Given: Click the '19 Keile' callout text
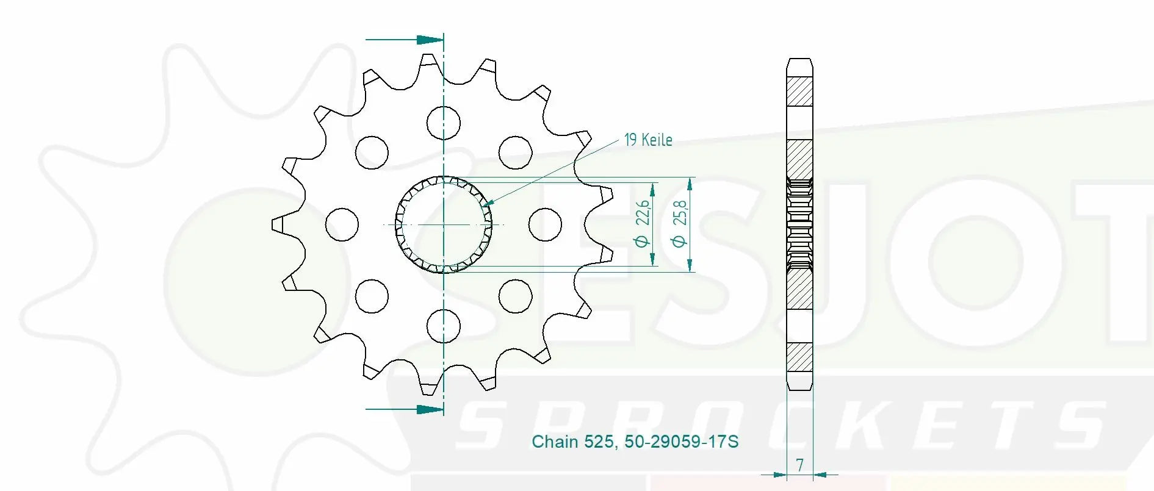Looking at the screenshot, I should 647,140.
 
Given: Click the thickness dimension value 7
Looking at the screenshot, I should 799,465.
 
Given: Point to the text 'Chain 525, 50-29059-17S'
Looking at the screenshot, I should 635,442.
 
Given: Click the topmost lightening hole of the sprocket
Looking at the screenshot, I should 444,123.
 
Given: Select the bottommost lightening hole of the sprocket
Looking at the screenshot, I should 444,326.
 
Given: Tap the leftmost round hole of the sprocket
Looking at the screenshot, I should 342,224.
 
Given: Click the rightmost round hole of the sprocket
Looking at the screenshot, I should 545,224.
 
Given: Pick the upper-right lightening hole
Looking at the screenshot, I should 515,152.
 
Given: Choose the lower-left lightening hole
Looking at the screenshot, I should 372,296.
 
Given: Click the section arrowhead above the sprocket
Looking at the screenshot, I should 431,40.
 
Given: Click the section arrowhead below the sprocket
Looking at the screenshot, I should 431,409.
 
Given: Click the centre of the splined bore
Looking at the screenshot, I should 444,224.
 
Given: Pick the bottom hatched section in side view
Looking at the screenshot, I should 799,357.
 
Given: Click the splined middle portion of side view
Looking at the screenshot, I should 799,224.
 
